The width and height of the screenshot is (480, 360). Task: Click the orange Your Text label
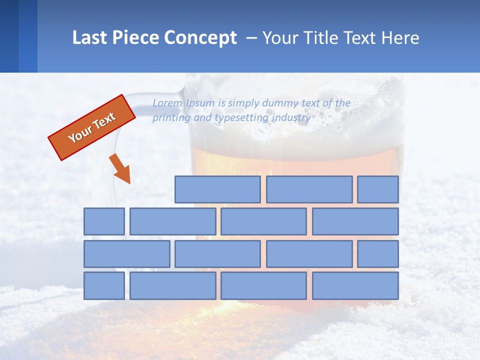point(92,127)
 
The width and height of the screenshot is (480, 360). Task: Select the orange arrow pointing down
point(120,169)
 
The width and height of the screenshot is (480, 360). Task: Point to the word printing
point(170,118)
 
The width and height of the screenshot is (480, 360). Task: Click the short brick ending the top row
point(378,189)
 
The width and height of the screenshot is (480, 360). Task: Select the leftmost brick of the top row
point(217,189)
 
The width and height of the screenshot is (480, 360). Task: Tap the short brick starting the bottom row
point(104,286)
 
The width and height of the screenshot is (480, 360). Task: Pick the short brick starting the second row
point(104,221)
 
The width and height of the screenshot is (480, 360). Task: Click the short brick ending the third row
point(378,254)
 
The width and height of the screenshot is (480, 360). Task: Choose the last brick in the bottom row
point(355,286)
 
